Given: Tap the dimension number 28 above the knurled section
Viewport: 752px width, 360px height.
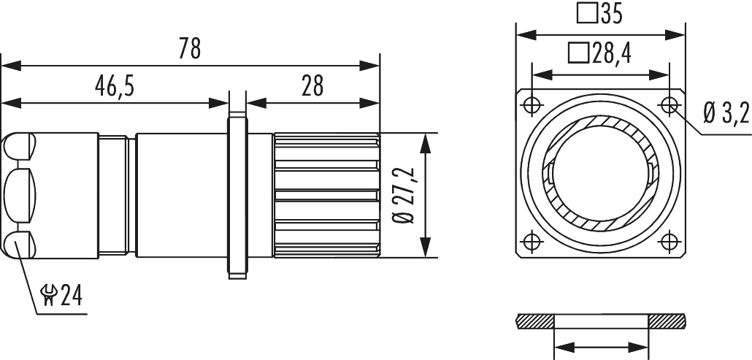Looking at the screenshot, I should pyautogui.click(x=312, y=87).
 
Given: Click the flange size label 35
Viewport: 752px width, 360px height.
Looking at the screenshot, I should pyautogui.click(x=612, y=15).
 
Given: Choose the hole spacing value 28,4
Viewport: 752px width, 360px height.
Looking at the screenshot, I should pyautogui.click(x=611, y=53).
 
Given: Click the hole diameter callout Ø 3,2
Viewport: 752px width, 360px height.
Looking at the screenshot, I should pyautogui.click(x=726, y=114).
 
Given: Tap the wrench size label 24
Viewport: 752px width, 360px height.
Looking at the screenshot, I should pyautogui.click(x=71, y=296).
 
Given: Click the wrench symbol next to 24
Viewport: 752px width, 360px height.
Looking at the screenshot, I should pyautogui.click(x=50, y=296).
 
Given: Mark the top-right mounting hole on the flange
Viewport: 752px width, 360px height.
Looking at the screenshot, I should pyautogui.click(x=669, y=104).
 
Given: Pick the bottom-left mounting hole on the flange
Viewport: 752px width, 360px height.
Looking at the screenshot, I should pyautogui.click(x=531, y=242).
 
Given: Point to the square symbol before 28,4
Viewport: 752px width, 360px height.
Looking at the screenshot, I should pyautogui.click(x=578, y=53).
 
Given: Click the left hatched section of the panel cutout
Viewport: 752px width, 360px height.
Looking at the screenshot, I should pyautogui.click(x=537, y=321).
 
